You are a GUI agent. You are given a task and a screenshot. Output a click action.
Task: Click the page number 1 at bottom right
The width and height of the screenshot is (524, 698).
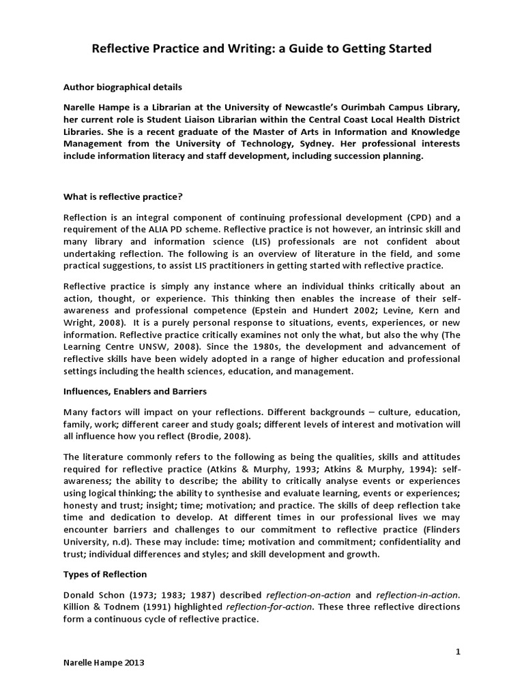click(x=458, y=652)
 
